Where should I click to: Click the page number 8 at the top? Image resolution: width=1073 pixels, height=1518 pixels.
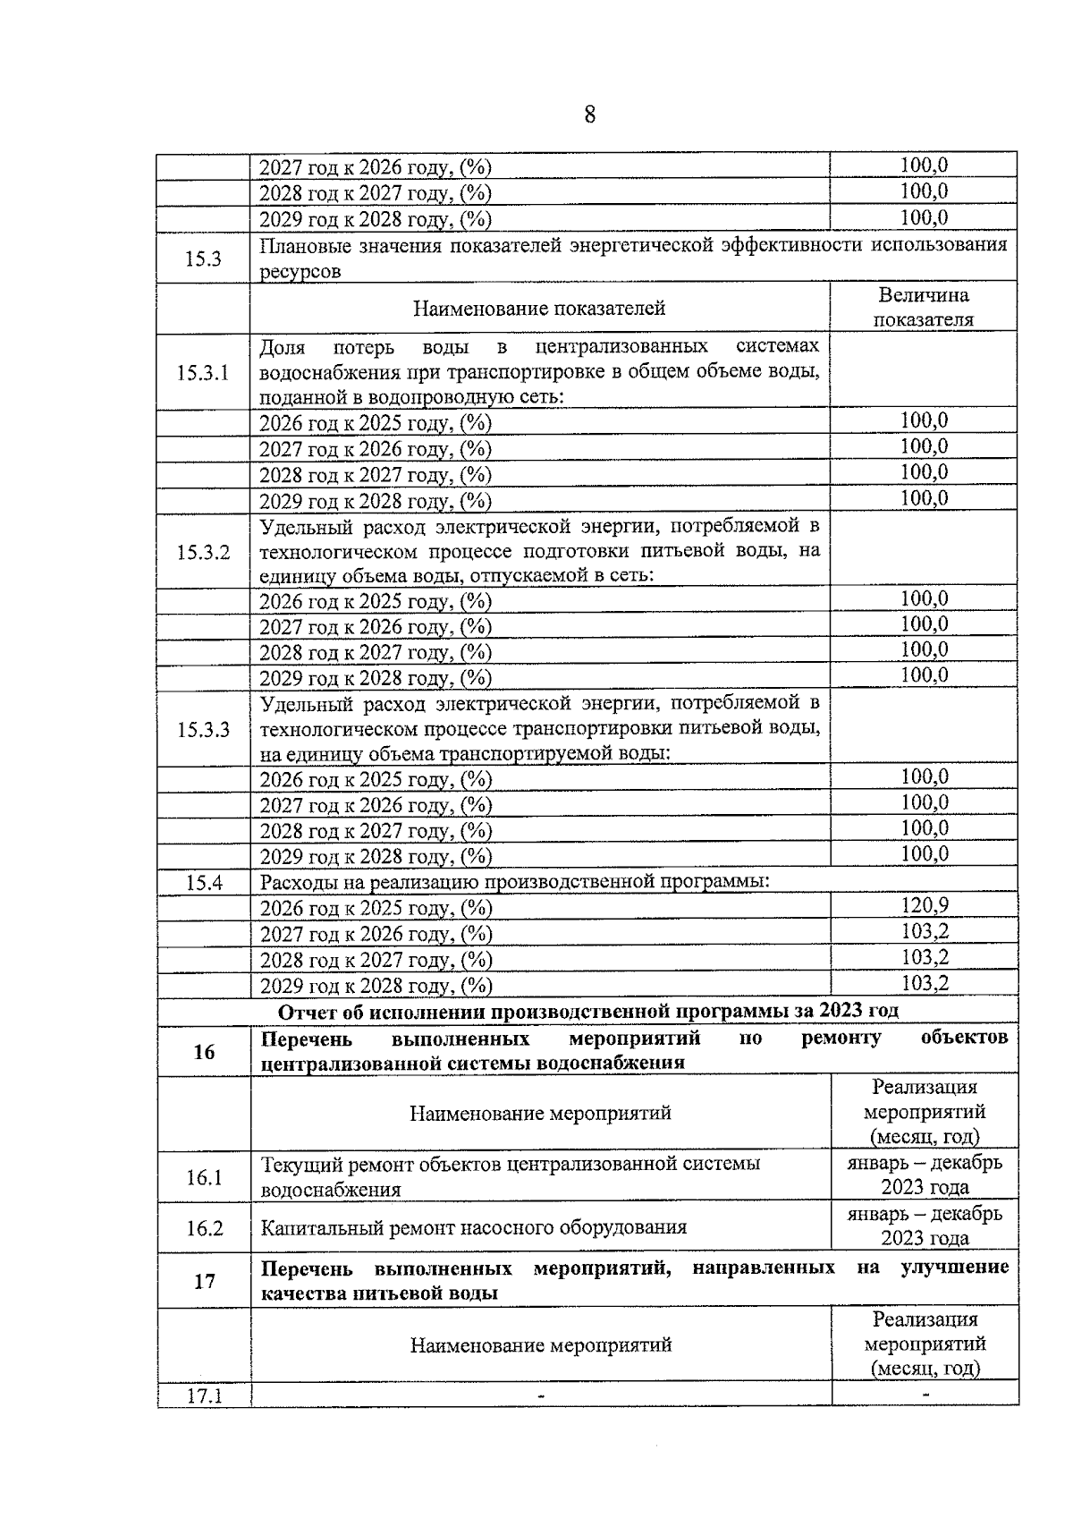click(x=589, y=115)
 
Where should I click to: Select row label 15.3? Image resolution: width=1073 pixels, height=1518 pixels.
click(x=203, y=259)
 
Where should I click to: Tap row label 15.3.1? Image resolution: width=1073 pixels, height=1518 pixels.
click(x=203, y=373)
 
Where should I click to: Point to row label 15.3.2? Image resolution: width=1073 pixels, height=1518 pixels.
click(x=203, y=552)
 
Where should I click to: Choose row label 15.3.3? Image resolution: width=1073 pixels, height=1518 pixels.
click(x=203, y=730)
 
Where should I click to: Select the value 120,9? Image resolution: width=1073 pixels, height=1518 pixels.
click(x=924, y=905)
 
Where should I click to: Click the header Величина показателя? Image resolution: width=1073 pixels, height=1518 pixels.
click(x=924, y=308)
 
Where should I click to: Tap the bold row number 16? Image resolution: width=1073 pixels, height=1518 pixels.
click(x=204, y=1052)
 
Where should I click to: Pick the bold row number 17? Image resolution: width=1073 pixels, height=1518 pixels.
click(x=204, y=1282)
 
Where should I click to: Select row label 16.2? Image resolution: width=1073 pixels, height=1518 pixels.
click(x=204, y=1228)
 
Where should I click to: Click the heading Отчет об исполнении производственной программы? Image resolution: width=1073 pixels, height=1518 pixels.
click(x=588, y=1012)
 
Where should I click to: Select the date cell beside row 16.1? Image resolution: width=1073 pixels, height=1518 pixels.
click(x=925, y=1175)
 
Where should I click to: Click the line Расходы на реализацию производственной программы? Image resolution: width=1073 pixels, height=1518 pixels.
click(x=515, y=882)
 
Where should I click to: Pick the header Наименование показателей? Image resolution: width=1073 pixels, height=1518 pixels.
click(x=539, y=309)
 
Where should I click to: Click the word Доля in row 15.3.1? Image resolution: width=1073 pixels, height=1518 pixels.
click(x=282, y=347)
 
